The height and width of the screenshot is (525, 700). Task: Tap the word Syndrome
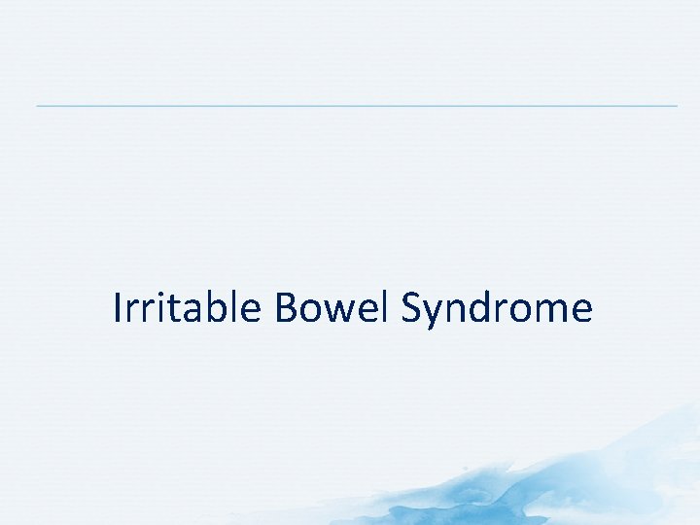[x=496, y=310]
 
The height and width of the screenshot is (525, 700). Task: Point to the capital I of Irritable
[x=118, y=308]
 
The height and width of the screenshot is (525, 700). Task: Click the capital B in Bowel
[x=286, y=308]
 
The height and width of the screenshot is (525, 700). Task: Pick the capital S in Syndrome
[x=412, y=308]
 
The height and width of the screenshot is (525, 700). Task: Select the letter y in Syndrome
[x=435, y=315]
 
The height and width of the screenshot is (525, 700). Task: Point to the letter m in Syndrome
[x=551, y=312]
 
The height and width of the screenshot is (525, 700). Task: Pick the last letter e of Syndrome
[x=581, y=312]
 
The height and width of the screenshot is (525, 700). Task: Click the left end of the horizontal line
[x=38, y=105]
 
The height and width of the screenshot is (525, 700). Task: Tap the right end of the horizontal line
[x=676, y=105]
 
